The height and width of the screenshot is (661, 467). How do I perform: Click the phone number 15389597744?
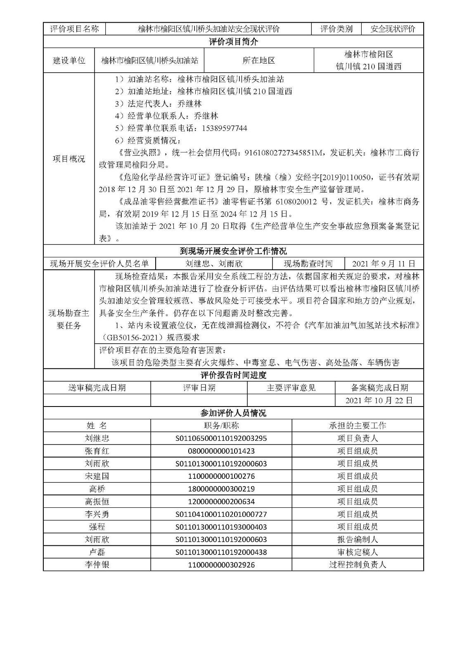tap(224, 128)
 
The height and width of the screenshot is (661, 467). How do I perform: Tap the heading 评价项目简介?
tap(233, 41)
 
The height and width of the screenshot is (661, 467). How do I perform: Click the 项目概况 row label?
tap(69, 159)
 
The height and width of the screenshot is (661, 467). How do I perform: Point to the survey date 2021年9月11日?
tap(384, 264)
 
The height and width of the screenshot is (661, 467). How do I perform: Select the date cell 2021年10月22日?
tap(379, 400)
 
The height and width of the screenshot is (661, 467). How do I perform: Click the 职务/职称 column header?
tap(221, 426)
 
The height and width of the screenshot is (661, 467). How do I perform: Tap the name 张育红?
tap(97, 451)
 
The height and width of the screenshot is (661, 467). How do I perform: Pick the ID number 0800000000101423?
tap(221, 451)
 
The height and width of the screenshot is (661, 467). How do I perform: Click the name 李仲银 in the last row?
tap(97, 565)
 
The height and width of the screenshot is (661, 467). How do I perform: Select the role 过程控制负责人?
tap(358, 565)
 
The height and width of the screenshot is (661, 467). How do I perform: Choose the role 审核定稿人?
tap(358, 552)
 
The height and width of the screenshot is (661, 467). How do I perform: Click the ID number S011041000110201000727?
tap(221, 514)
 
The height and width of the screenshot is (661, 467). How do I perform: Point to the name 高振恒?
tap(97, 502)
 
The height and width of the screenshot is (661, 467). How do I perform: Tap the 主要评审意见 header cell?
tap(291, 388)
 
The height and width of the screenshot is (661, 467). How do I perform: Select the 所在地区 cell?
tap(259, 60)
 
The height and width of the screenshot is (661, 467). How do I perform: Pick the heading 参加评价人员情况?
tap(233, 413)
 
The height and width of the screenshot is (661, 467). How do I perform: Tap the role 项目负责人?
tap(358, 438)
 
